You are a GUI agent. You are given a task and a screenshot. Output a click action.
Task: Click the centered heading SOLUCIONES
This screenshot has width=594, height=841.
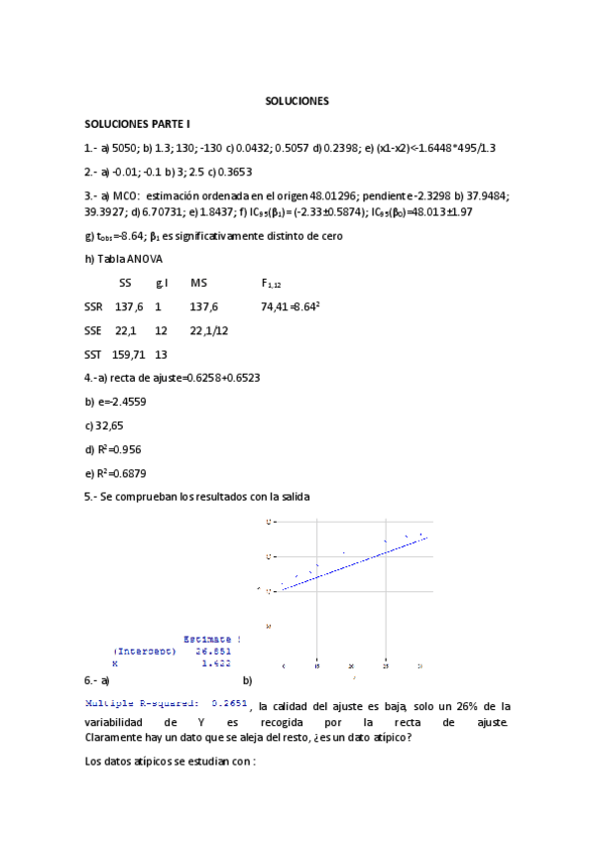[x=297, y=101]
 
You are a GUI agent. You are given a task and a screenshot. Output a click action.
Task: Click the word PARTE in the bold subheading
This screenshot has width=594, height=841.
[x=159, y=124]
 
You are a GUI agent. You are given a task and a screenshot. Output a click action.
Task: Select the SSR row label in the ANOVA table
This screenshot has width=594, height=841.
[x=94, y=307]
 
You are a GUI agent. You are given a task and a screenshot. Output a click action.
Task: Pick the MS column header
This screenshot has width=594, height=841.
[x=198, y=284]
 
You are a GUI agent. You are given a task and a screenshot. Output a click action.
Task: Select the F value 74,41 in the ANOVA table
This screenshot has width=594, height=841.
[x=274, y=307]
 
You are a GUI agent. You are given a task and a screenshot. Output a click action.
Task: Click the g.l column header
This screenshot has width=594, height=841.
[x=162, y=284]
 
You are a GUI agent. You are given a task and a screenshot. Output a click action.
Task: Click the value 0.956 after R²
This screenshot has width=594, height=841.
[x=136, y=448]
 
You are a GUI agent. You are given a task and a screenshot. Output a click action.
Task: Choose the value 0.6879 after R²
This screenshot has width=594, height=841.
[x=139, y=472]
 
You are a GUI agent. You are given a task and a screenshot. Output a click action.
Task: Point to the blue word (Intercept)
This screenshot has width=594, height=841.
[x=145, y=652]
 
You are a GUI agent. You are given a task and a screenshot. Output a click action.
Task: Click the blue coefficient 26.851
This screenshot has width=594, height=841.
[x=212, y=652]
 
